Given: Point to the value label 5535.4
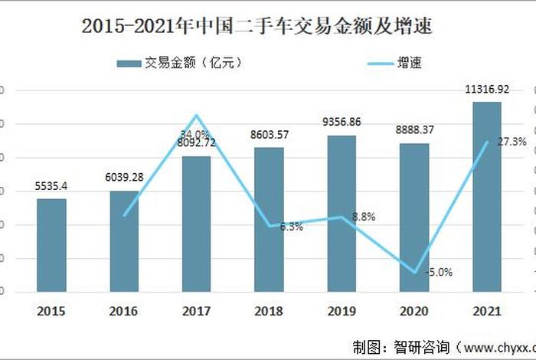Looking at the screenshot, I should point(51,186).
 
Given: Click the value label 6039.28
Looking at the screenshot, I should point(124,178).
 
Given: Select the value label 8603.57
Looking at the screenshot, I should point(269,135).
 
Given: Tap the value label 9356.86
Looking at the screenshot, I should point(342,122).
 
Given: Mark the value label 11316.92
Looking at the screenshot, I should point(486,90).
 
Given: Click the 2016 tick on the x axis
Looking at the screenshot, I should point(124,312).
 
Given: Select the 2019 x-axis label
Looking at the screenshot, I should point(342,312).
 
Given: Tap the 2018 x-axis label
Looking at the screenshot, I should point(269,312).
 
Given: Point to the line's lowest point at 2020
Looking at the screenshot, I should point(414,272).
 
